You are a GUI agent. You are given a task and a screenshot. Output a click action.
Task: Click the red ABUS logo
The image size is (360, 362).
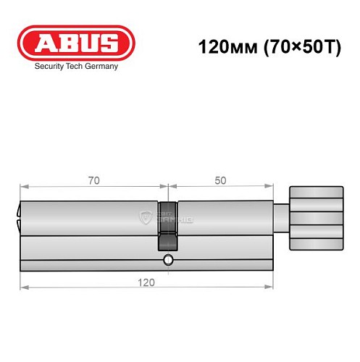point(76,43)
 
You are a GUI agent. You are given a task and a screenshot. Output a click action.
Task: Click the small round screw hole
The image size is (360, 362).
point(168,260)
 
